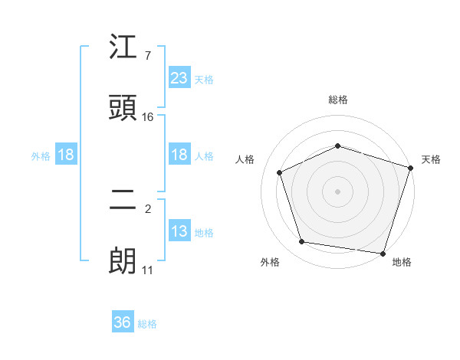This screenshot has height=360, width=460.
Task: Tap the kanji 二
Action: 123,200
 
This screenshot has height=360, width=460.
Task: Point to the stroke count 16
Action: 147,117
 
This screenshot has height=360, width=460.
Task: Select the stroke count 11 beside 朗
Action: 147,270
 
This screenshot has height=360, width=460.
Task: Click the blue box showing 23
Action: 179,77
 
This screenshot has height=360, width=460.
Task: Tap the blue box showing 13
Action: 179,231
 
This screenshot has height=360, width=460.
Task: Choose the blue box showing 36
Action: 123,322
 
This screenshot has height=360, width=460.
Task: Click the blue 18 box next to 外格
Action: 66,155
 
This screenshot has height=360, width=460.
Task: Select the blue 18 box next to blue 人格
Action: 179,155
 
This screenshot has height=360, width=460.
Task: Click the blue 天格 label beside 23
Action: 204,79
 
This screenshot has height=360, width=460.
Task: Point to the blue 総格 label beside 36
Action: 147,324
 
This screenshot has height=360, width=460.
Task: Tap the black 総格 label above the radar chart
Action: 337,100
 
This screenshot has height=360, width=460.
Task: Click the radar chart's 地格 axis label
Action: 402,262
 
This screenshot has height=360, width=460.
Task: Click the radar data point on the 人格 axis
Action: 281,172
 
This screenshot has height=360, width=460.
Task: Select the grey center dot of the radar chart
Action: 337,191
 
